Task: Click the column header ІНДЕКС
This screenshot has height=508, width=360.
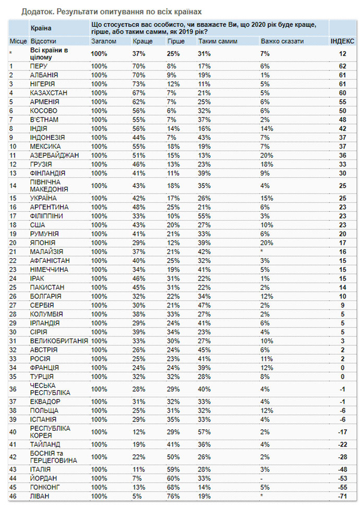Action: [x=342, y=40]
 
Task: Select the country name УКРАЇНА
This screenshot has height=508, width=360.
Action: [x=44, y=199]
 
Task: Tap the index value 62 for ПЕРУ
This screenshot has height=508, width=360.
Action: [x=342, y=66]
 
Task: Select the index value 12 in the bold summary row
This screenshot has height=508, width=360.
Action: [x=342, y=53]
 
